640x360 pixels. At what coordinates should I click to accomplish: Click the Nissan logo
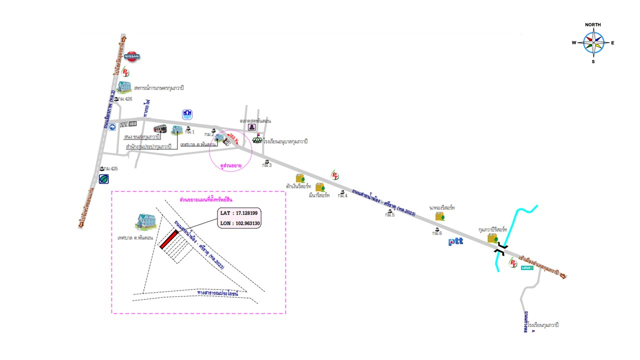tap(132, 56)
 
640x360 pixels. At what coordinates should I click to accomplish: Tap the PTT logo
tap(455, 241)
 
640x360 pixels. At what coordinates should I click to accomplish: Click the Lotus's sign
tap(527, 267)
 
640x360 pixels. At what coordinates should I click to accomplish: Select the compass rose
tap(593, 43)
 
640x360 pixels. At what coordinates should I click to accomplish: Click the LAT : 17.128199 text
tap(239, 213)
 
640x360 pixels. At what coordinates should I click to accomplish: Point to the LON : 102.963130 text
tap(239, 223)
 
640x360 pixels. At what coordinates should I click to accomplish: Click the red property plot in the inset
tap(169, 239)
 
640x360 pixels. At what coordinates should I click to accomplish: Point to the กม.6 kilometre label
tap(437, 232)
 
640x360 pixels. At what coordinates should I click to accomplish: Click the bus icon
tap(160, 128)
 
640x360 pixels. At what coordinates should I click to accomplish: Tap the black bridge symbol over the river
tap(501, 249)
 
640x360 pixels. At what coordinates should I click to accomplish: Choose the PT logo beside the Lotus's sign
tap(512, 262)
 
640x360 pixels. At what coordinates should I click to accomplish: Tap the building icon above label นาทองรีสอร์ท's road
tap(439, 216)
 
